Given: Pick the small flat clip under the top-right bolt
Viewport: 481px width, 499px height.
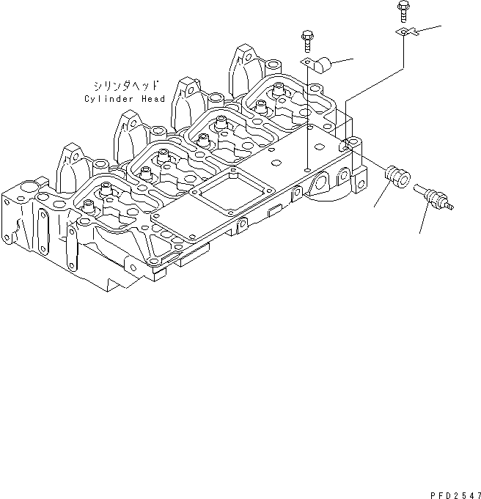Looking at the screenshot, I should click(x=405, y=33).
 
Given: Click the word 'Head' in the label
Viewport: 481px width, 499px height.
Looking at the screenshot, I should click(x=155, y=99).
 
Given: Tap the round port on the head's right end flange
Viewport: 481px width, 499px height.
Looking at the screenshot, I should click(x=319, y=182).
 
